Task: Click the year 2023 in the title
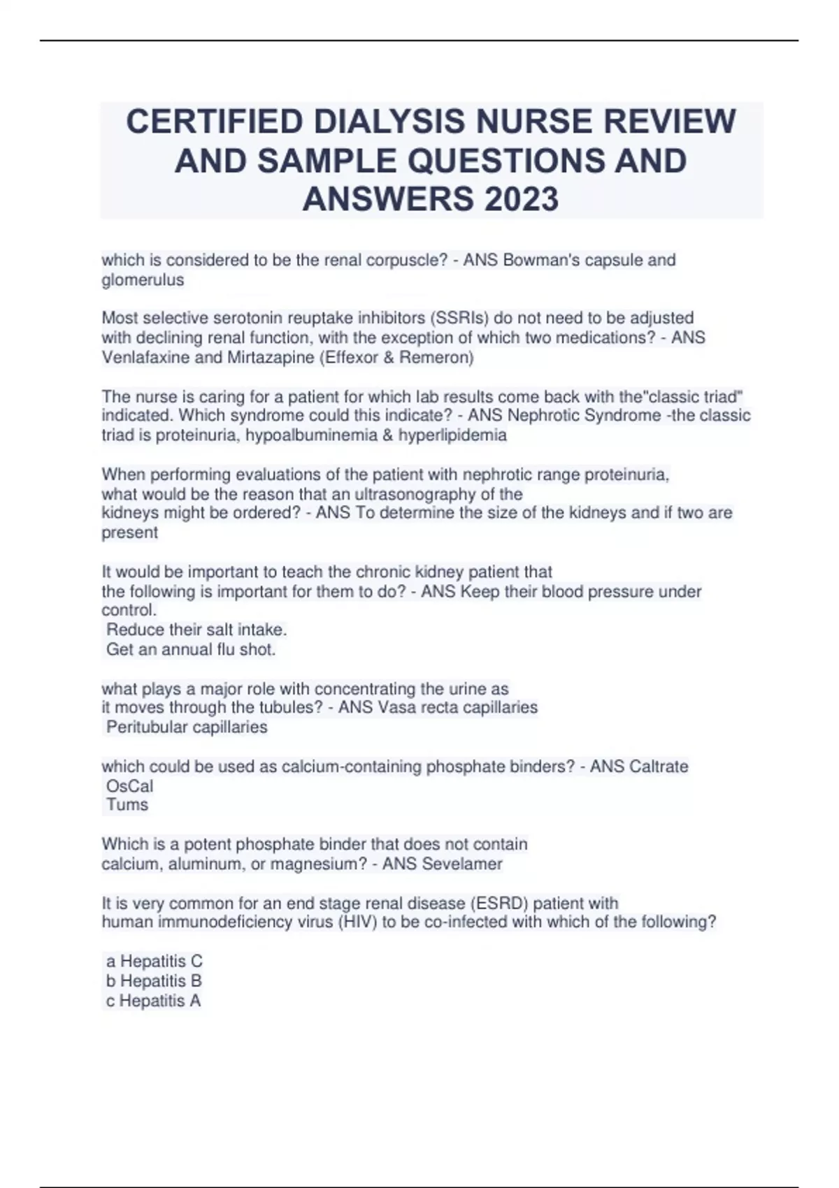[x=521, y=199]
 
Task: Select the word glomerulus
[x=143, y=280]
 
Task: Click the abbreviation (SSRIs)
[x=457, y=318]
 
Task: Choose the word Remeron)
[x=443, y=358]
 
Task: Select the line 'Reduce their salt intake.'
[x=196, y=630]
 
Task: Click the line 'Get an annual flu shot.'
[x=191, y=649]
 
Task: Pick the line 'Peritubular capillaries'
[x=187, y=727]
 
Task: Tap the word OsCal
[x=129, y=786]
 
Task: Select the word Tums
[x=127, y=804]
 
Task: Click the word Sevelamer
[x=462, y=864]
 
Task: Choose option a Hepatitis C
[x=154, y=962]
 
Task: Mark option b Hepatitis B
[x=154, y=981]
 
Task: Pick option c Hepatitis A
[x=153, y=1001]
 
